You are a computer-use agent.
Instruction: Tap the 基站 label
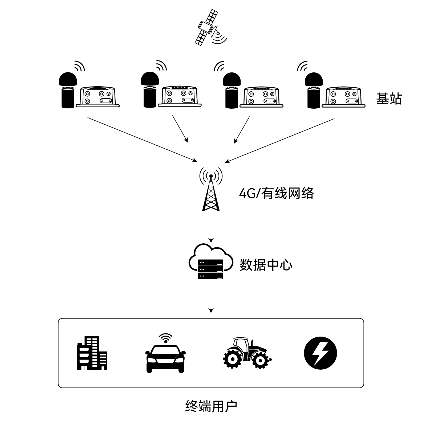tap(389, 99)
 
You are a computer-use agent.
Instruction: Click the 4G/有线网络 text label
tap(277, 193)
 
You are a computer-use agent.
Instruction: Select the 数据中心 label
tap(266, 264)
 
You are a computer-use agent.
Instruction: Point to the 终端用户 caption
tap(211, 406)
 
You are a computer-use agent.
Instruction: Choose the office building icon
tap(92, 353)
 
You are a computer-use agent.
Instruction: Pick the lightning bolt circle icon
tap(320, 353)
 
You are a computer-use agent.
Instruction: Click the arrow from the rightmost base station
tap(280, 140)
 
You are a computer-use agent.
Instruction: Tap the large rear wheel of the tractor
tap(233, 359)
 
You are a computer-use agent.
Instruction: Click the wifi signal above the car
tap(165, 338)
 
